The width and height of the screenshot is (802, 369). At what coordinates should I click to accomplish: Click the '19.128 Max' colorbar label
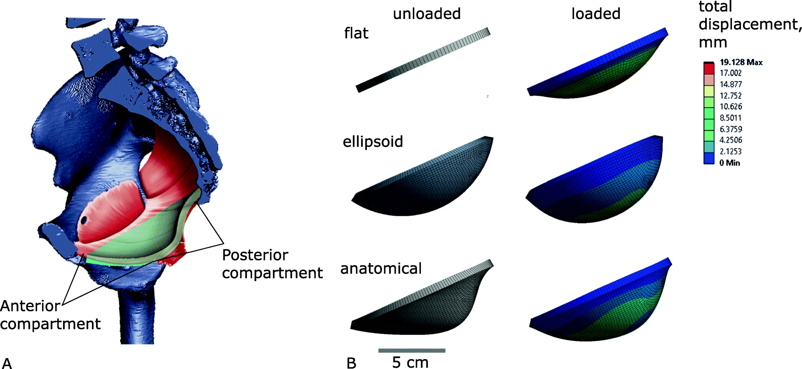click(x=741, y=62)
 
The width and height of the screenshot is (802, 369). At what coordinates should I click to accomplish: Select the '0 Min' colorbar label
click(x=729, y=163)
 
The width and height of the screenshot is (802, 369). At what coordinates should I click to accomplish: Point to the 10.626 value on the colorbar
click(x=730, y=106)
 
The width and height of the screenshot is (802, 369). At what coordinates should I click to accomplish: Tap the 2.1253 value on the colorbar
click(x=730, y=151)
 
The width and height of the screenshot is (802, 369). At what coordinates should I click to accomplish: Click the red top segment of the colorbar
click(x=708, y=68)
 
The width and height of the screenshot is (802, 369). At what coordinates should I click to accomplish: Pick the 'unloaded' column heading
click(x=427, y=14)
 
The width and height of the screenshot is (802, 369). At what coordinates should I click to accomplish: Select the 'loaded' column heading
click(x=596, y=14)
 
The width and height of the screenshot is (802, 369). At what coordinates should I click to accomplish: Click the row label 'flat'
click(x=356, y=33)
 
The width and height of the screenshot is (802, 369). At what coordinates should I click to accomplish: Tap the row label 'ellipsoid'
click(x=373, y=142)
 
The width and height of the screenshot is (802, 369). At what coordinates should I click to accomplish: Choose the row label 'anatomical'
click(x=381, y=269)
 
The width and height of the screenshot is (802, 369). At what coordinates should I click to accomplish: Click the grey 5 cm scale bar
click(x=412, y=350)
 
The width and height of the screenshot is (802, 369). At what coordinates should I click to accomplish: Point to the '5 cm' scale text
click(x=410, y=362)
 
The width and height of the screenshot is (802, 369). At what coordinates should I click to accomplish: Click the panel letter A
click(x=7, y=363)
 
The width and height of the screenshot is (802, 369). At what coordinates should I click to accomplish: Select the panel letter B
click(x=351, y=363)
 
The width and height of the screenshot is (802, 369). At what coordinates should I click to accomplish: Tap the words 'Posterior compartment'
click(x=272, y=264)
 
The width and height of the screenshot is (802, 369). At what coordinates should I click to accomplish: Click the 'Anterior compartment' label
click(x=49, y=315)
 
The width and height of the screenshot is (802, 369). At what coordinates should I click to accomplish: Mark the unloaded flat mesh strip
click(x=423, y=60)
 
